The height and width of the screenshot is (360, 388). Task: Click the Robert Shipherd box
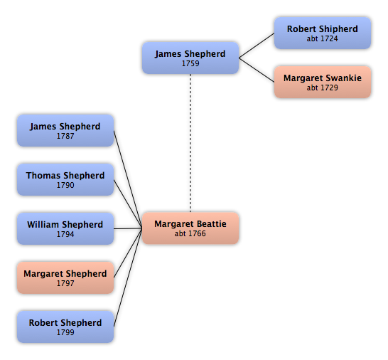(x=323, y=33)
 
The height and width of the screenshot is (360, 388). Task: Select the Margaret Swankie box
(x=323, y=82)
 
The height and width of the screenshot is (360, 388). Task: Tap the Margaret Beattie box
(x=190, y=228)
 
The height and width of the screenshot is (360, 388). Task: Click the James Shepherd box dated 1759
(x=190, y=58)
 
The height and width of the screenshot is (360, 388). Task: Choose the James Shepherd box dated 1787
(x=65, y=131)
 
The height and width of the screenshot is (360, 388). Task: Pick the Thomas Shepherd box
(x=65, y=179)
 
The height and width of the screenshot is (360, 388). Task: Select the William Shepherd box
(x=65, y=228)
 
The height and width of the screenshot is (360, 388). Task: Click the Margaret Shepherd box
(x=65, y=277)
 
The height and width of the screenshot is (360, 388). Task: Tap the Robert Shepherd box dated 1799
(x=65, y=327)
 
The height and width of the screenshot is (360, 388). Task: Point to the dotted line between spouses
(x=190, y=143)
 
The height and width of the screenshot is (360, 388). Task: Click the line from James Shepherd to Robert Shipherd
(x=257, y=46)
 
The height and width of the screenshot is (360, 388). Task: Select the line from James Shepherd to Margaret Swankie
(x=257, y=70)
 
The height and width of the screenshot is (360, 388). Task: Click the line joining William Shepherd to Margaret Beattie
(x=128, y=228)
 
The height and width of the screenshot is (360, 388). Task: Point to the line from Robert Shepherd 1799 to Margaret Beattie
(x=128, y=277)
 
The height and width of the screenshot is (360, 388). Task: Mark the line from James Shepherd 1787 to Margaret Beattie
(x=128, y=179)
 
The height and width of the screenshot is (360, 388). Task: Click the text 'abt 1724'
(x=322, y=38)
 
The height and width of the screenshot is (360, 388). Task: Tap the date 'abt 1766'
(x=190, y=233)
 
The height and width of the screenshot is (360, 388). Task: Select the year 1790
(x=65, y=185)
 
